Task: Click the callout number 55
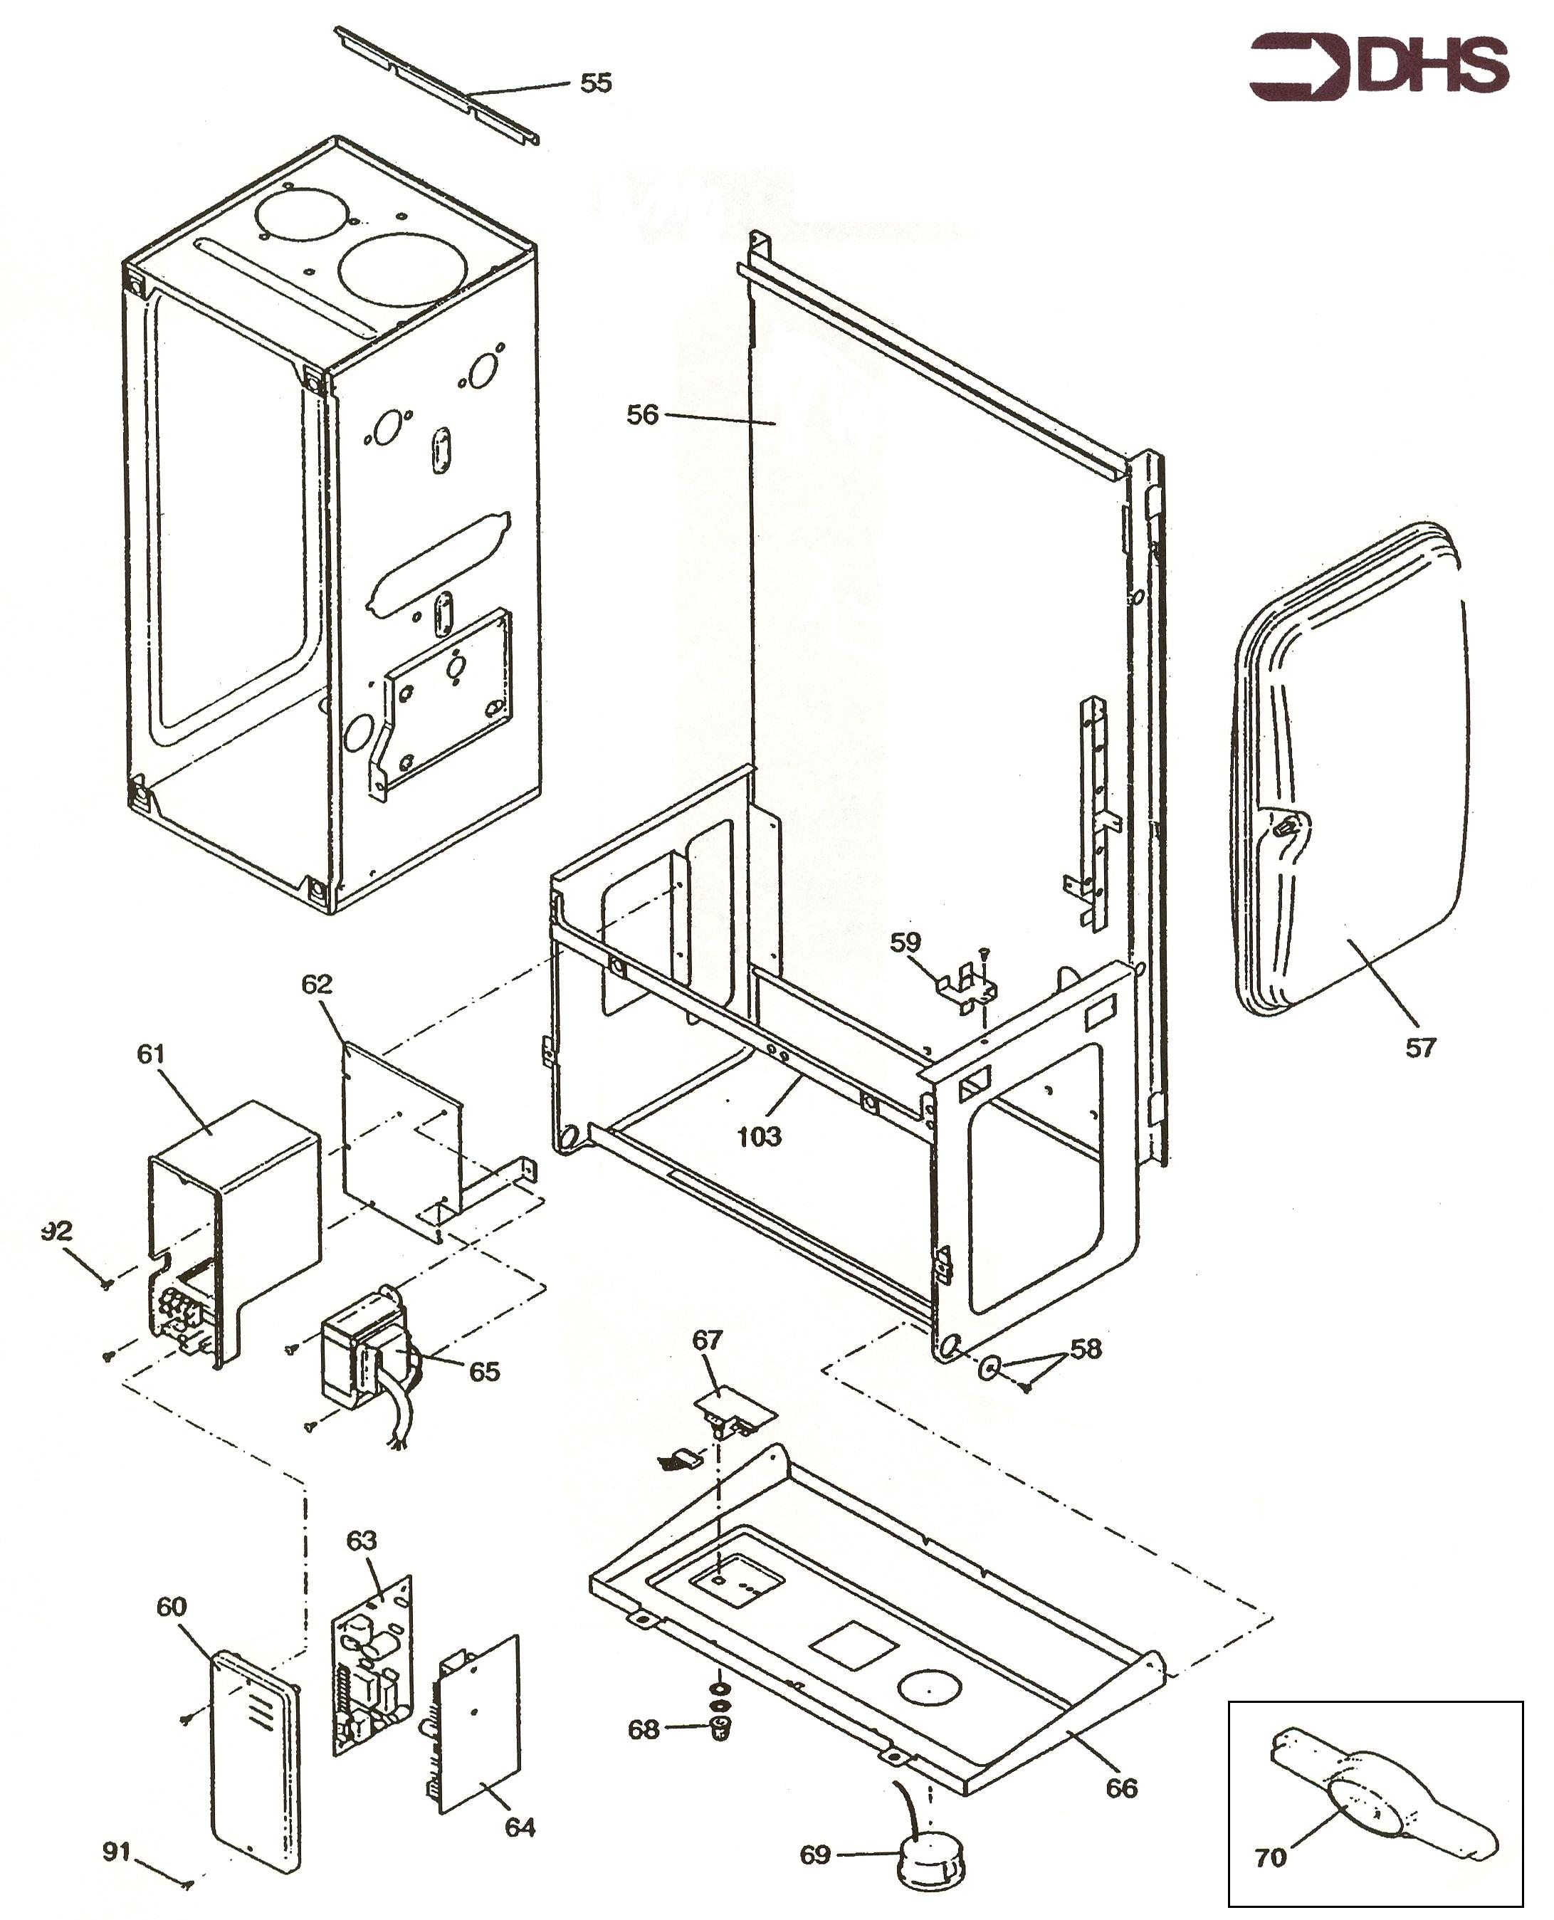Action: (596, 83)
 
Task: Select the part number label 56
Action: (642, 414)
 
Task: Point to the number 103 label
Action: (759, 1137)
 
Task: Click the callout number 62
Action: (317, 985)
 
